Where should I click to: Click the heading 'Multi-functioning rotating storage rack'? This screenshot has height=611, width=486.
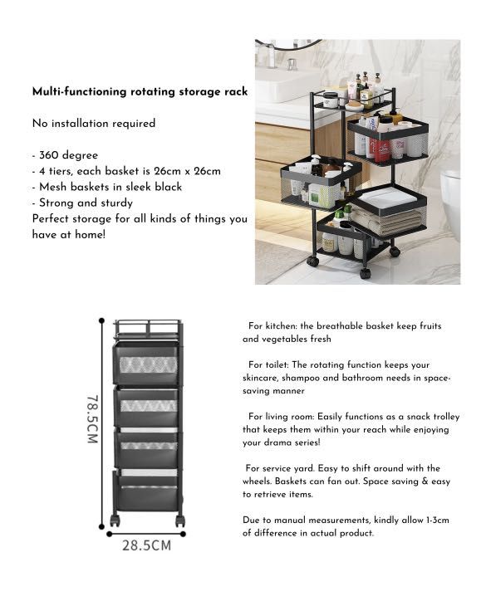[x=140, y=91]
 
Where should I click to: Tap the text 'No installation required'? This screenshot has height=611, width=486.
[x=94, y=123]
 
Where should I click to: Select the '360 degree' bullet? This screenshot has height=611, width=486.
[x=68, y=155]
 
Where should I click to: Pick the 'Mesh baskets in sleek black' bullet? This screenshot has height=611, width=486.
[x=107, y=187]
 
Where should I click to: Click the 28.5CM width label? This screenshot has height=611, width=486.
[x=146, y=545]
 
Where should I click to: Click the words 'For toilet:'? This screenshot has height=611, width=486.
[x=267, y=364]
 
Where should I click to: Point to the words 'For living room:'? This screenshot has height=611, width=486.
[x=278, y=417]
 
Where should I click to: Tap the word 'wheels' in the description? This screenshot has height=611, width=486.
[x=258, y=481]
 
